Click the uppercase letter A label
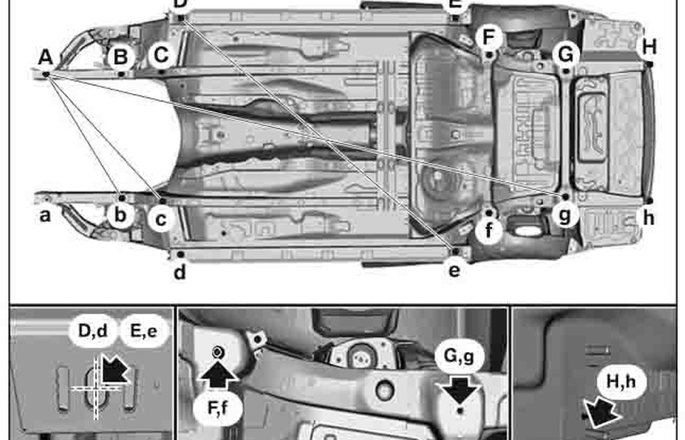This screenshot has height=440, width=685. tap(45, 57)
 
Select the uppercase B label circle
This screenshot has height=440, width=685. tap(120, 56)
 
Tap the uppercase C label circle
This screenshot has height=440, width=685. tap(161, 54)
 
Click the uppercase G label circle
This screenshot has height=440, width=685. tap(566, 54)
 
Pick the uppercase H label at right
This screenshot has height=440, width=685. tap(649, 46)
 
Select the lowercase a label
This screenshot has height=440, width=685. tap(45, 216)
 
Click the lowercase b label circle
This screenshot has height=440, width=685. tap(120, 216)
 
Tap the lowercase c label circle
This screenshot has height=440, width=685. tap(161, 218)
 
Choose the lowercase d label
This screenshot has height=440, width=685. tap(179, 272)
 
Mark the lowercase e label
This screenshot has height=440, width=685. tap(454, 271)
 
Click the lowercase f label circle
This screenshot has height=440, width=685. tap(488, 230)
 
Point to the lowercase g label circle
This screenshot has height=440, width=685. tap(566, 215)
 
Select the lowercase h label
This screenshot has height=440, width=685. tap(649, 218)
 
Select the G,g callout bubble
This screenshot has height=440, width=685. tap(461, 357)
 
